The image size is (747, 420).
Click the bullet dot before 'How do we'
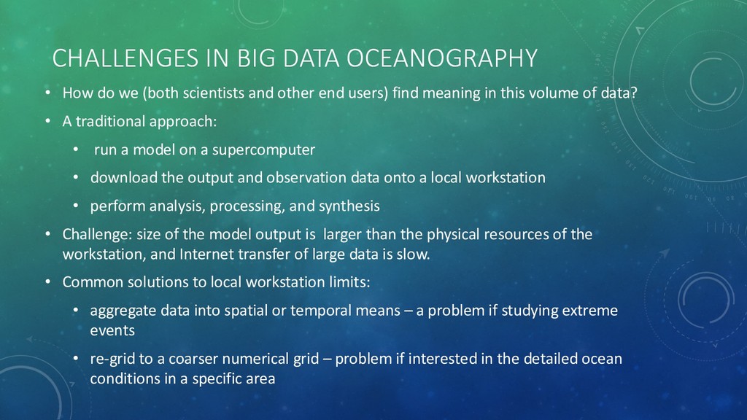[x=46, y=93]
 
